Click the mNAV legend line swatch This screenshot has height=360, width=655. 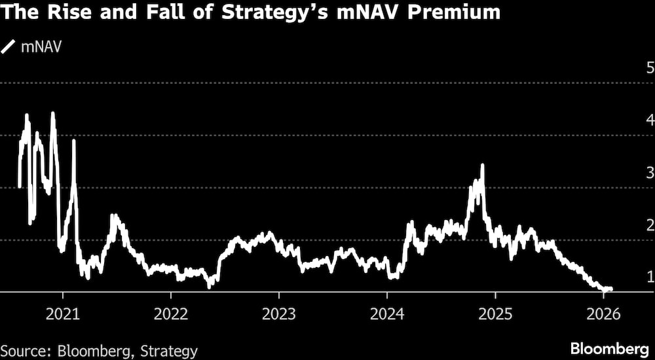(10, 46)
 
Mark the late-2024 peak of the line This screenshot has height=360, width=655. (483, 166)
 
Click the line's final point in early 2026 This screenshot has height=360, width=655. (610, 289)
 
